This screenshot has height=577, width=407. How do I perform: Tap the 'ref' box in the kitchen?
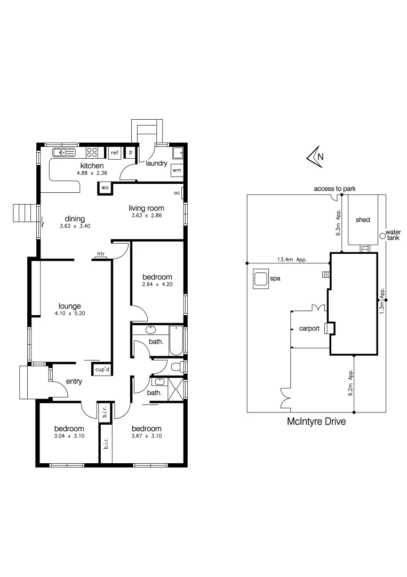(x=114, y=153)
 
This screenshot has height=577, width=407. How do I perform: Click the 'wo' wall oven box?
(x=105, y=188)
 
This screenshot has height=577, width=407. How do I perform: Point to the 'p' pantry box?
(x=130, y=153)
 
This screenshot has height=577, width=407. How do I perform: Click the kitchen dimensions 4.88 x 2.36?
(x=91, y=173)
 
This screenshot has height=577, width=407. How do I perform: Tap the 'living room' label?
(x=146, y=208)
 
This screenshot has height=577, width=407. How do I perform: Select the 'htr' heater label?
(x=100, y=254)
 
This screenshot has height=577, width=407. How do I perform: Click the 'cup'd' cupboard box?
(x=102, y=369)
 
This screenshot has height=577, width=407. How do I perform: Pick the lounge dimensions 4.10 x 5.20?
(x=70, y=314)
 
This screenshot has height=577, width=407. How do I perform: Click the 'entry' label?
(x=74, y=381)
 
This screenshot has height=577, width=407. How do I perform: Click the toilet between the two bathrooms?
(x=180, y=367)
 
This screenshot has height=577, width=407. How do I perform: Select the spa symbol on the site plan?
(x=260, y=279)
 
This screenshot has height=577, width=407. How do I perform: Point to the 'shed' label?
(x=362, y=220)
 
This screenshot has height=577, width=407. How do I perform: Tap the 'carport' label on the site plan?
(x=309, y=329)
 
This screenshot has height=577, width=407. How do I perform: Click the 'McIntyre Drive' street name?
(x=316, y=422)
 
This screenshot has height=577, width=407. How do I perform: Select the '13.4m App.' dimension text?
(x=291, y=260)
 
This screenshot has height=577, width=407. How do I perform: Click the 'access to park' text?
(x=334, y=189)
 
